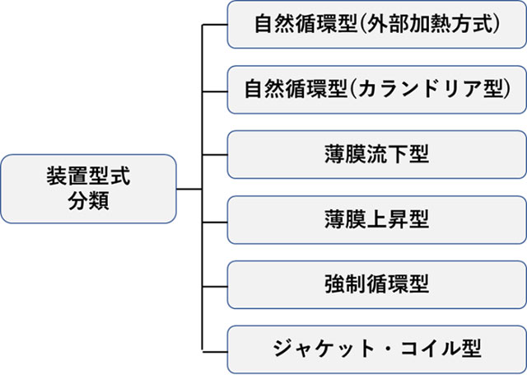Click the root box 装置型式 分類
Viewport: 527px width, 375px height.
(87, 188)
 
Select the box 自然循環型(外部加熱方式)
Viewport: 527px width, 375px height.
(376, 25)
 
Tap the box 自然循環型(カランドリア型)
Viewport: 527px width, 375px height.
(376, 89)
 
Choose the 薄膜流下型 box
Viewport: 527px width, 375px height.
(376, 154)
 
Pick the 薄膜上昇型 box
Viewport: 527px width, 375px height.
(376, 219)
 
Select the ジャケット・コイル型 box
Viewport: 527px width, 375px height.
(376, 349)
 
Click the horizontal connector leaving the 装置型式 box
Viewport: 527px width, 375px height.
(189, 188)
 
